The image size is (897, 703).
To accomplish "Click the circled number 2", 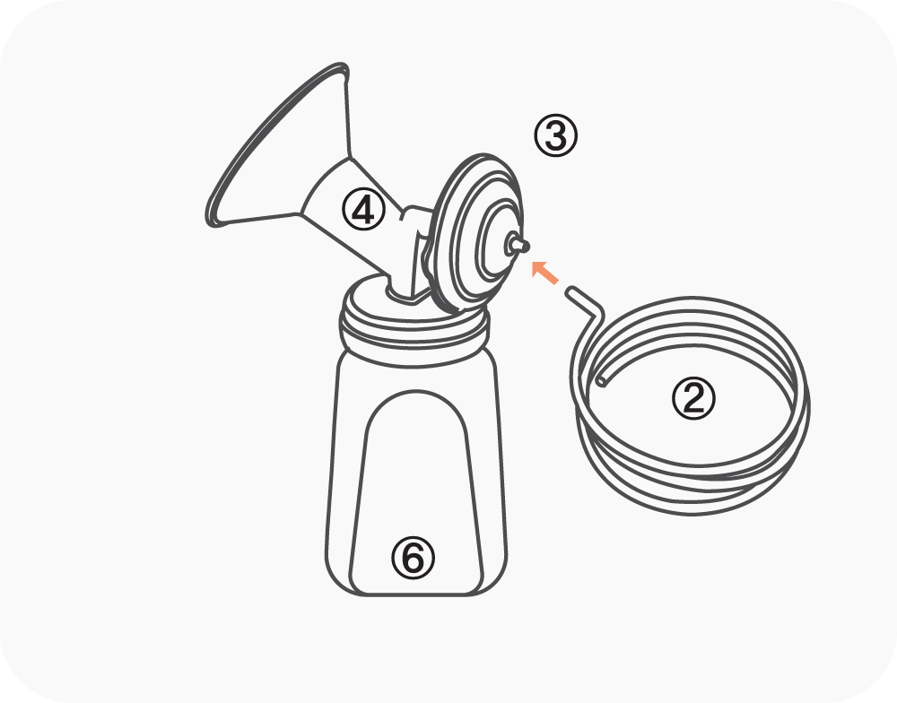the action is point(693,399).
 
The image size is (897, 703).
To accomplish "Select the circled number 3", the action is point(555,136).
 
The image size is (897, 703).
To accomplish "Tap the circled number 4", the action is point(364,210).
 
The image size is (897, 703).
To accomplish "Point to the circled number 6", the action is point(413,558).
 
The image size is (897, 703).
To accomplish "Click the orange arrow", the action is point(545,273).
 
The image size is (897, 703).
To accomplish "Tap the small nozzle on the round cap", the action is point(518,246).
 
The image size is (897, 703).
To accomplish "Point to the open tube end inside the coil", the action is point(601,381).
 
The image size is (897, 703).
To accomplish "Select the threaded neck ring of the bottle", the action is point(414,337).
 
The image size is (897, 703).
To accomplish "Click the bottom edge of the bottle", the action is point(416,595).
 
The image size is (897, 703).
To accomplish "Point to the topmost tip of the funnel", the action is point(341,64).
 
